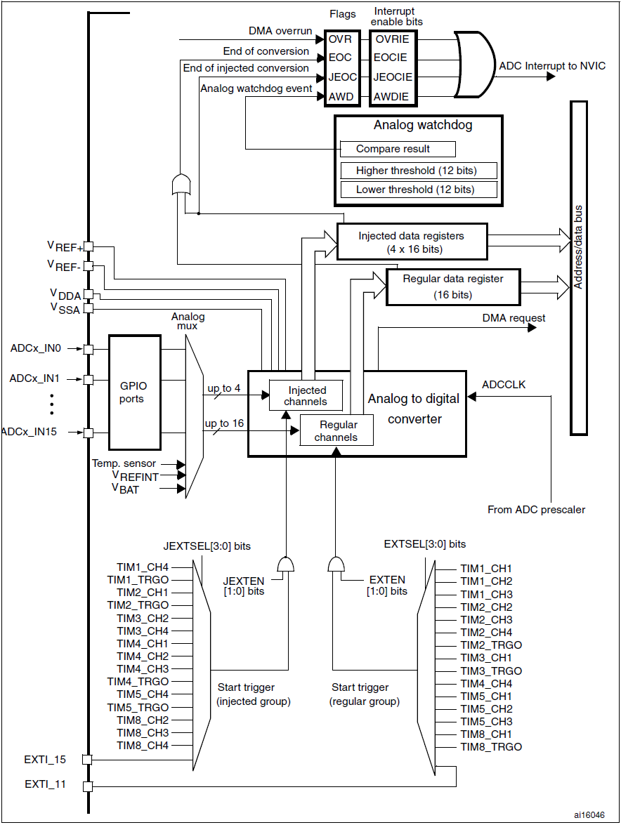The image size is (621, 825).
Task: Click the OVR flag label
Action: pyautogui.click(x=340, y=39)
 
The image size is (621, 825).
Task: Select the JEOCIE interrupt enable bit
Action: pyautogui.click(x=393, y=77)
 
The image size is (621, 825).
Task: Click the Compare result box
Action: pyautogui.click(x=397, y=149)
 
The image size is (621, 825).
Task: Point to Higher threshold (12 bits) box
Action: pyautogui.click(x=418, y=171)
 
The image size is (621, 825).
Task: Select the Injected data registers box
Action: pyautogui.click(x=411, y=242)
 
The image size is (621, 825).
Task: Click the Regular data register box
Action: pyautogui.click(x=452, y=286)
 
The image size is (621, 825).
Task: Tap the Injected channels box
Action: pyautogui.click(x=306, y=396)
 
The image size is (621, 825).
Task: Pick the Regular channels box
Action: pyautogui.click(x=336, y=430)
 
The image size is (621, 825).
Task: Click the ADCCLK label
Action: pyautogui.click(x=504, y=384)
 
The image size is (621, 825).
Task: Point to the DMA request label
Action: pyautogui.click(x=514, y=317)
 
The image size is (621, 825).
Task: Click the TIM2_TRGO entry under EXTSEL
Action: pyautogui.click(x=491, y=645)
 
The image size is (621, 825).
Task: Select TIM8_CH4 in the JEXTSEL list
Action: pyautogui.click(x=143, y=745)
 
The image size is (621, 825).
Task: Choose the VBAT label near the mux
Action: pyautogui.click(x=126, y=489)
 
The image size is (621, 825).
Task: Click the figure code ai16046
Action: pyautogui.click(x=589, y=814)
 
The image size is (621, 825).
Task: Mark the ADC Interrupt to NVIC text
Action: pyautogui.click(x=552, y=66)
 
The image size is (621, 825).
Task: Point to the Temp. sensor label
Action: pyautogui.click(x=124, y=463)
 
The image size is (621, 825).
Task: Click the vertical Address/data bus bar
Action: pyautogui.click(x=578, y=267)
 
